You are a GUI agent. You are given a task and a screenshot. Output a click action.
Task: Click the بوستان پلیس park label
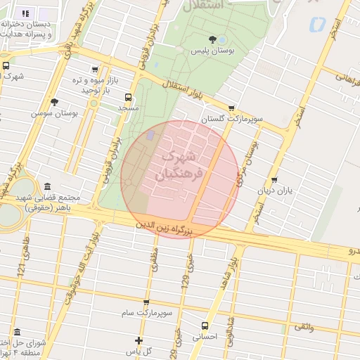[213, 51]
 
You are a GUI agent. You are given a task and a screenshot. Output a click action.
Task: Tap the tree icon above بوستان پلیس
[213, 39]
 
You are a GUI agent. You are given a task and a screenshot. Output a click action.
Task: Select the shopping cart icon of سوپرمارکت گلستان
[231, 108]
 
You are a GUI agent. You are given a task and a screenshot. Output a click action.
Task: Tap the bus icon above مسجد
[127, 97]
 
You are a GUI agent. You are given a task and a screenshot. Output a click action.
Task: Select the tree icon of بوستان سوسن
[93, 103]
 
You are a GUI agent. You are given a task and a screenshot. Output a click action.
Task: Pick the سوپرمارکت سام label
[146, 311]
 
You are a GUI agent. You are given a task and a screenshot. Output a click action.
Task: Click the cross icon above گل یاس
[139, 340]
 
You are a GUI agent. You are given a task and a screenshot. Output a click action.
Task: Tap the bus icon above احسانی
[205, 326]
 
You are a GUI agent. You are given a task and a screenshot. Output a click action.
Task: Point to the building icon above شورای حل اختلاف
[16, 332]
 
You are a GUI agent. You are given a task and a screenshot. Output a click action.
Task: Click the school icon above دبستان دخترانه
[25, 13]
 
